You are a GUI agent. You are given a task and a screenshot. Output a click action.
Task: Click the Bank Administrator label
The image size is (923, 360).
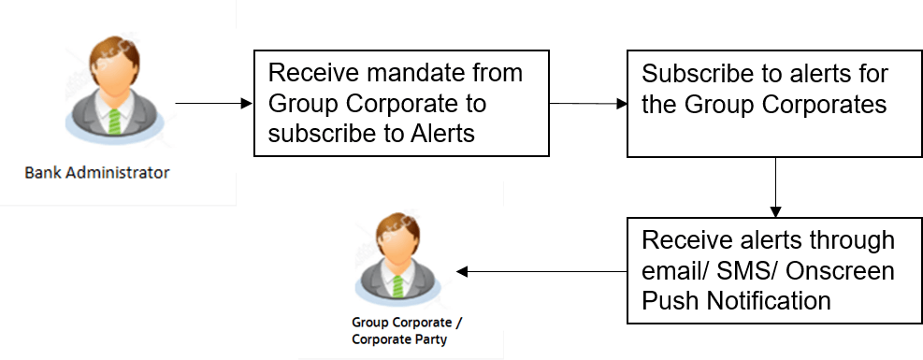pos(97,173)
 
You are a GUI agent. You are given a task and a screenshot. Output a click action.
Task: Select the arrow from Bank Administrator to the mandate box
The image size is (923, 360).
pos(214,103)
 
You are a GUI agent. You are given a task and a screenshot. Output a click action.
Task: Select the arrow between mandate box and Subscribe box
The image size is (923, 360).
pos(588,103)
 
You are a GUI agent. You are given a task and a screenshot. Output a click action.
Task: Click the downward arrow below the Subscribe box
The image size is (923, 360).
pos(775,187)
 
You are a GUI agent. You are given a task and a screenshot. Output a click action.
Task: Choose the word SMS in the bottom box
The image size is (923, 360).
pos(763,271)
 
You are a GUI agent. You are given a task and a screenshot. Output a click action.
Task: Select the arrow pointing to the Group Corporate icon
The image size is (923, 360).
pos(541,272)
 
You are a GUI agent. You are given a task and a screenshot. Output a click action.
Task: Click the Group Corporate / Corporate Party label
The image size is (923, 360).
pos(400,331)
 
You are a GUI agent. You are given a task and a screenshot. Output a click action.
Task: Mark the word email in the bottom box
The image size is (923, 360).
pos(677,271)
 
